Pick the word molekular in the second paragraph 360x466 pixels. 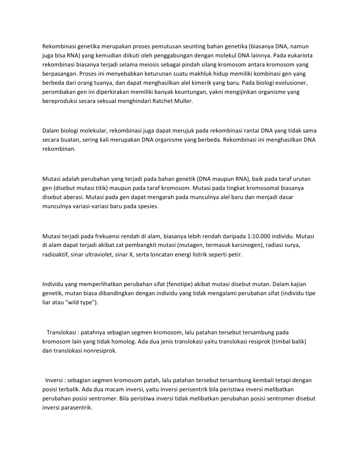89,131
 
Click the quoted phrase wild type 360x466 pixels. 82,302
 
